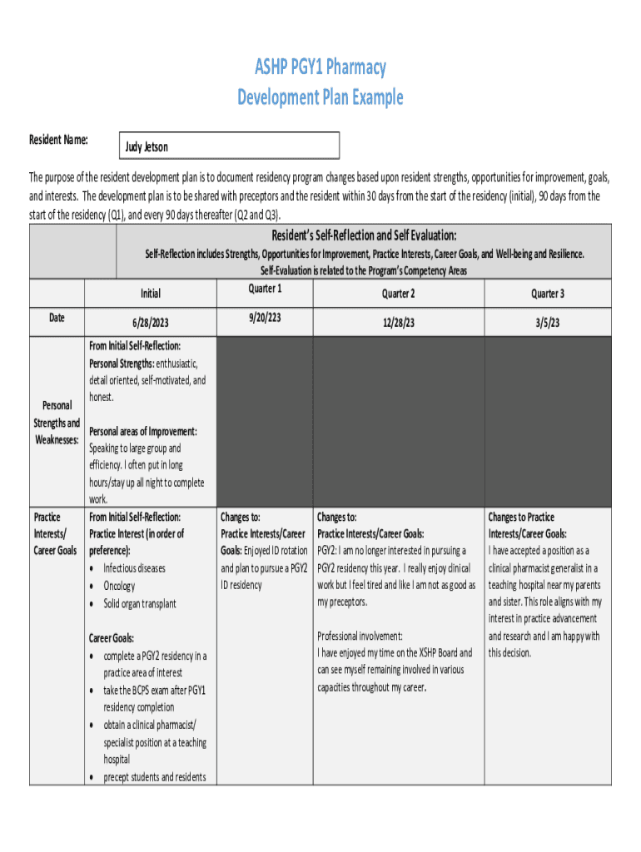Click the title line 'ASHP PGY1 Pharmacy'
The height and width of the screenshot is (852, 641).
pyautogui.click(x=320, y=67)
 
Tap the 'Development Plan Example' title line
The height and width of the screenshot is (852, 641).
pyautogui.click(x=320, y=97)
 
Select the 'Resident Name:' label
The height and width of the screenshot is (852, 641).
pyautogui.click(x=59, y=140)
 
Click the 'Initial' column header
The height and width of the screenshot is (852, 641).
pyautogui.click(x=151, y=293)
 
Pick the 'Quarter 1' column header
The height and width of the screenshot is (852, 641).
pyautogui.click(x=265, y=289)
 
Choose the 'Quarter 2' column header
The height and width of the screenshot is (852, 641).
pyautogui.click(x=398, y=293)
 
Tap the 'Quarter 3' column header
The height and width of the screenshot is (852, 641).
pyautogui.click(x=548, y=293)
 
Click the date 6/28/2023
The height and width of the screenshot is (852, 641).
pyautogui.click(x=151, y=322)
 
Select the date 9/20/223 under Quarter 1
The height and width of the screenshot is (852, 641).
pyautogui.click(x=265, y=317)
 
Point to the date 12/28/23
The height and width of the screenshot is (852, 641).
pyautogui.click(x=398, y=322)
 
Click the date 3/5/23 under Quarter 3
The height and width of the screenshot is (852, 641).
pyautogui.click(x=548, y=322)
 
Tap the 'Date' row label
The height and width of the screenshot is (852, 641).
pyautogui.click(x=57, y=317)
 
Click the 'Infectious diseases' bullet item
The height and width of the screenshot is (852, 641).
pyautogui.click(x=134, y=568)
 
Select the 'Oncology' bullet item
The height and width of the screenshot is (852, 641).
pyautogui.click(x=119, y=586)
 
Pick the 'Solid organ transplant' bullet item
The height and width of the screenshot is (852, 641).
pyautogui.click(x=140, y=603)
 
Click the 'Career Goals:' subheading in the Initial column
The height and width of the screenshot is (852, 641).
pyautogui.click(x=112, y=638)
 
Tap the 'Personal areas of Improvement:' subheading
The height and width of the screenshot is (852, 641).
pyautogui.click(x=143, y=431)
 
